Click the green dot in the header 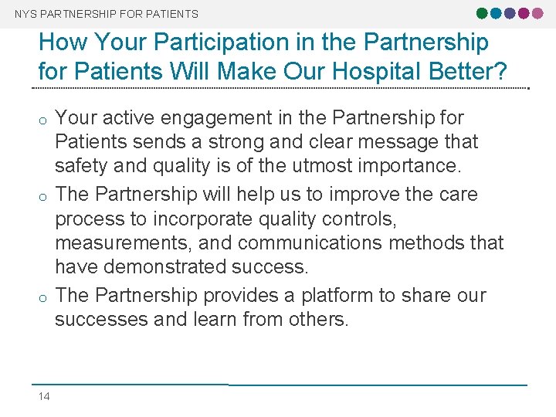(x=482, y=13)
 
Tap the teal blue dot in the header (x=495, y=13)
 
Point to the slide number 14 (x=44, y=396)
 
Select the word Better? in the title (x=470, y=72)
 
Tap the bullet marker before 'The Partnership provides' (x=44, y=297)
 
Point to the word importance (x=421, y=166)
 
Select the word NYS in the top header (x=24, y=14)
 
